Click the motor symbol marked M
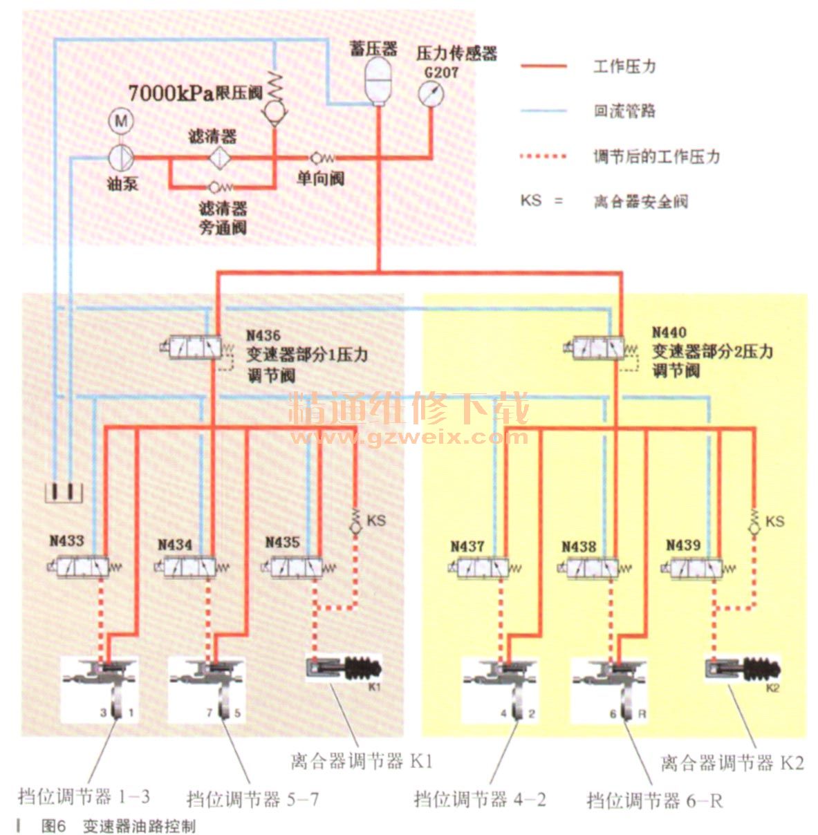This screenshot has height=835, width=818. (122, 122)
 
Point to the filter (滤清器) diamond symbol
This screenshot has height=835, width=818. (221, 157)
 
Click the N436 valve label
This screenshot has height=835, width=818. (263, 335)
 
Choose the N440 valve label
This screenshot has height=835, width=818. (669, 332)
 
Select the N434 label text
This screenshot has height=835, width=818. (174, 545)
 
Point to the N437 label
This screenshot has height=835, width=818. (467, 546)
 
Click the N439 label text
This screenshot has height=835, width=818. (683, 545)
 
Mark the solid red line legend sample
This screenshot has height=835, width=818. (543, 67)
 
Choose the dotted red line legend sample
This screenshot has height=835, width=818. (543, 156)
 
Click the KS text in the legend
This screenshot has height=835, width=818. (530, 201)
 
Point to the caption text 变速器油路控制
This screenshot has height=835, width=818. (139, 826)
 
